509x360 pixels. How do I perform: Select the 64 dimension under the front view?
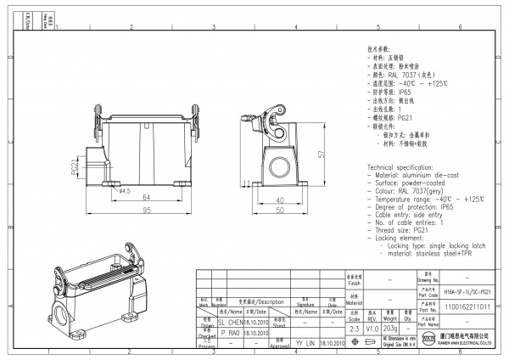click(135, 199)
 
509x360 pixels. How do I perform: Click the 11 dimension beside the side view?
click(245, 183)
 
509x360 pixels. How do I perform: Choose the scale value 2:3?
click(355, 327)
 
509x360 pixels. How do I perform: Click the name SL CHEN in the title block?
click(230, 323)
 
